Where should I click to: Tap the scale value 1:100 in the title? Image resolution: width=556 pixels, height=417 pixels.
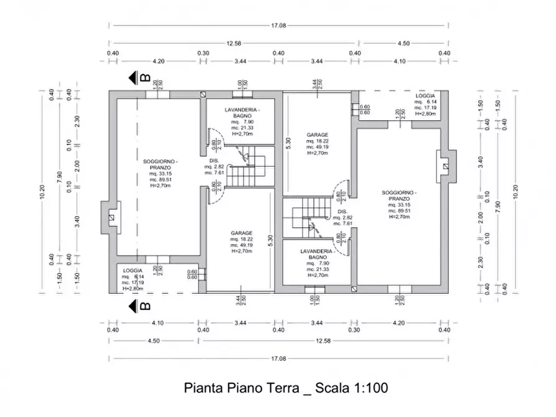click(x=370, y=388)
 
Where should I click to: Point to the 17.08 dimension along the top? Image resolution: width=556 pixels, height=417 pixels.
click(x=278, y=26)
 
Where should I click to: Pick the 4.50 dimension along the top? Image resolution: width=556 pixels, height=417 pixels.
click(x=403, y=44)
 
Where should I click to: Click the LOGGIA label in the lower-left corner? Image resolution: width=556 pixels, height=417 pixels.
click(x=133, y=271)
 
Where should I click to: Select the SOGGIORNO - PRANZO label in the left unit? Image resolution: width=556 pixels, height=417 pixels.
click(x=160, y=165)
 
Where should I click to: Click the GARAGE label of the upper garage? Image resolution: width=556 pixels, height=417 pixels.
click(x=317, y=134)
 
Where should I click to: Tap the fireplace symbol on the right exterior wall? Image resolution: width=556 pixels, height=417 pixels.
click(x=445, y=167)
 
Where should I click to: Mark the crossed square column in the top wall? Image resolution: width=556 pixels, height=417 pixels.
click(x=203, y=95)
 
